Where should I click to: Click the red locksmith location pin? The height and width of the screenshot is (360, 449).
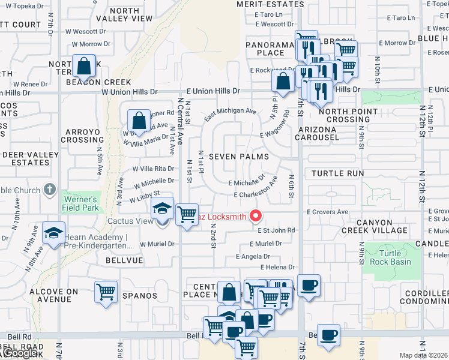coord(256,215)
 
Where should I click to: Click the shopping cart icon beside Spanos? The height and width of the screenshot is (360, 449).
coord(106,293)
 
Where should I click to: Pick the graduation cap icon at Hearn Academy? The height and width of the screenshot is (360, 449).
coord(53,233)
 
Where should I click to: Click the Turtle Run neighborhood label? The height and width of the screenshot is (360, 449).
coord(338,173)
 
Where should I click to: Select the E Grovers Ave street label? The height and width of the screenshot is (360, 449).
coord(327,212)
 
